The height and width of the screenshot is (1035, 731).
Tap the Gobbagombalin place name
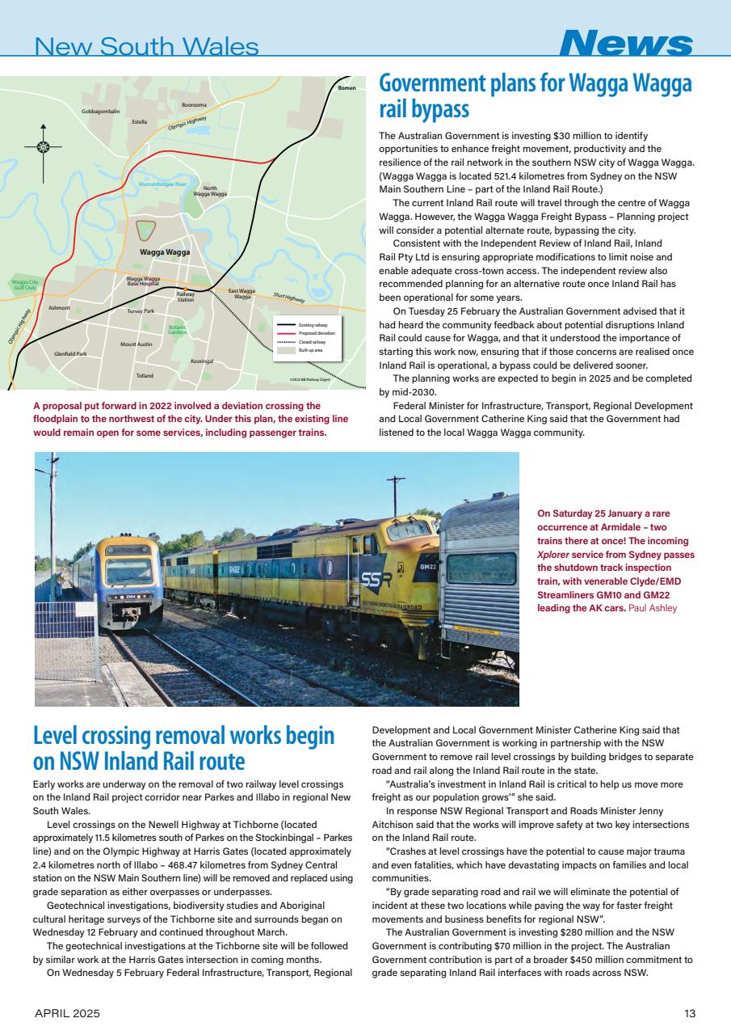click(101, 111)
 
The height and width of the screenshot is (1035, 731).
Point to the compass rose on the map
click(44, 147)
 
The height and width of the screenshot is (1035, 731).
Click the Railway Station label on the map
click(186, 297)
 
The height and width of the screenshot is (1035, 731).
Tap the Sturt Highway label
click(288, 298)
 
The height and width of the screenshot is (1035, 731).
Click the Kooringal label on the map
click(202, 361)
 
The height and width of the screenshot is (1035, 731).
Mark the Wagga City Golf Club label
click(24, 285)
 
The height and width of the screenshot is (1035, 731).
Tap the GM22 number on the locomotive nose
click(428, 567)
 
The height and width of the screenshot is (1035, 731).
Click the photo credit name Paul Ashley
click(655, 608)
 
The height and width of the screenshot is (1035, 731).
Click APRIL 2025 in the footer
click(67, 1013)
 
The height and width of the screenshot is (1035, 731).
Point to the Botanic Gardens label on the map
click(178, 330)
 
